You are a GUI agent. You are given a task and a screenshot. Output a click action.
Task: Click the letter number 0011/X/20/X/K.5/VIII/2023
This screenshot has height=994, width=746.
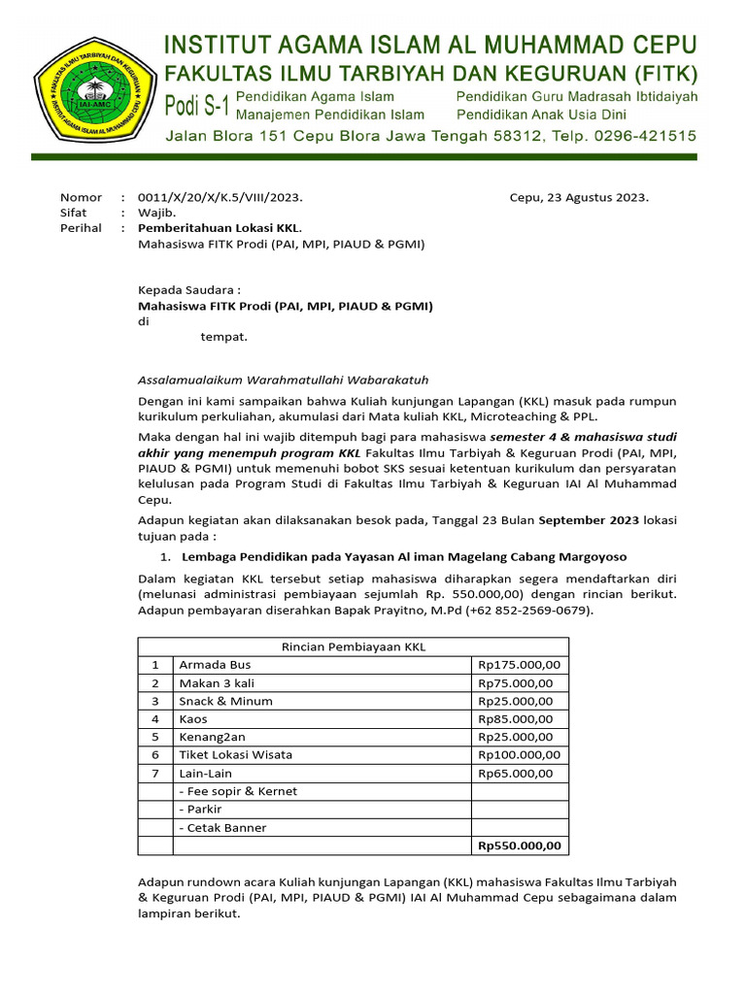click(220, 197)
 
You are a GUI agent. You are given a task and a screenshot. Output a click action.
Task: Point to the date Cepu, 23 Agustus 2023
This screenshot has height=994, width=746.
click(579, 197)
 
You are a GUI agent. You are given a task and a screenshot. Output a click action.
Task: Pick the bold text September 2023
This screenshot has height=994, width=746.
click(589, 520)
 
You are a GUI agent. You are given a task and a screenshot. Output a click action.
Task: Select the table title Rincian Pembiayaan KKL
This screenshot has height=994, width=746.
click(354, 646)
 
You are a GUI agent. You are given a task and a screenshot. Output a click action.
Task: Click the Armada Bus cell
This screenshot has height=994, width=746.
click(215, 665)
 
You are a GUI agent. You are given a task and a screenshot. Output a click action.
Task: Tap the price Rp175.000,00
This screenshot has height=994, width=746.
click(520, 665)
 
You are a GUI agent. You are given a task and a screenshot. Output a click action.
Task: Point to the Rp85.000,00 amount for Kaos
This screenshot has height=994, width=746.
click(516, 719)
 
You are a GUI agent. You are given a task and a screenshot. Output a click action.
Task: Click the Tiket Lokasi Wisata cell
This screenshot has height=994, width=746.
click(235, 754)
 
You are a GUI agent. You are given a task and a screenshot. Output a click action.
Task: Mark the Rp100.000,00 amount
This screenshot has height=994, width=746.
click(520, 754)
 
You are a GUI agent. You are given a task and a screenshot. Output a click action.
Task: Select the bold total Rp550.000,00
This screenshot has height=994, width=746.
click(520, 845)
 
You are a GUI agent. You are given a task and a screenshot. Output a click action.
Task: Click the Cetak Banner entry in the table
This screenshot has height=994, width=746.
click(222, 828)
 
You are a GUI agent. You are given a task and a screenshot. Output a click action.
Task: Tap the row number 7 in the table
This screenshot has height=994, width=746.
click(154, 773)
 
